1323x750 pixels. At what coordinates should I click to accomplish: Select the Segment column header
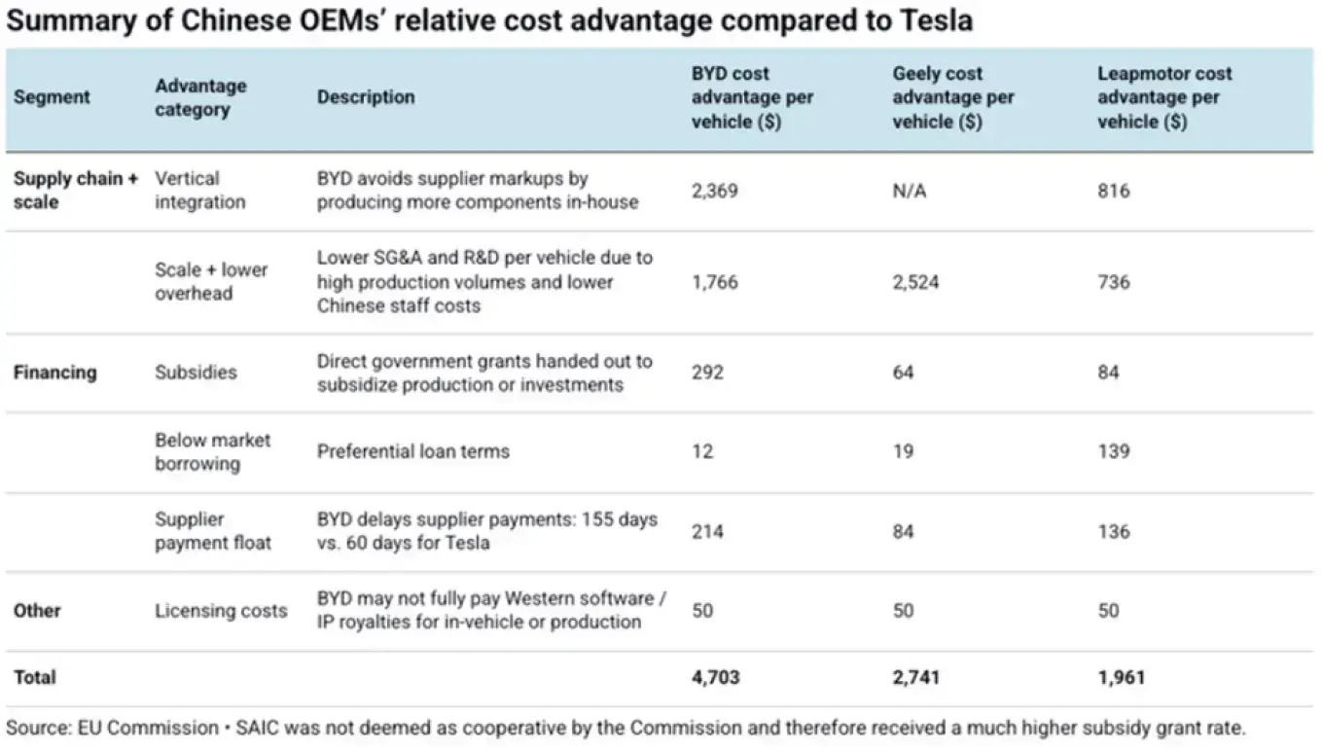click(52, 97)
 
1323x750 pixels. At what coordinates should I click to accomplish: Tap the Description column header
click(366, 97)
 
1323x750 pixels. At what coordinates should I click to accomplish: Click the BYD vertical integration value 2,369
click(715, 191)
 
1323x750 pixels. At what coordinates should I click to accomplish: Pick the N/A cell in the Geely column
click(910, 191)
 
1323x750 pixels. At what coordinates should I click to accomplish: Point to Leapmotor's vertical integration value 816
click(1114, 191)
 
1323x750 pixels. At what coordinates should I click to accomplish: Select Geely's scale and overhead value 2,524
click(916, 282)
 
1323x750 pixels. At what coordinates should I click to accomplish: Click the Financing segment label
click(54, 373)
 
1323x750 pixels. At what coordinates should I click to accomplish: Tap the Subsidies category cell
click(196, 373)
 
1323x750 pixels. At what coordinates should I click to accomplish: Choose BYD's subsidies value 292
click(707, 373)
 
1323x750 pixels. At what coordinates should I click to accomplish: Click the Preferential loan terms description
click(413, 451)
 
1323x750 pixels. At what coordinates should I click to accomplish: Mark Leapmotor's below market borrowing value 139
click(1114, 451)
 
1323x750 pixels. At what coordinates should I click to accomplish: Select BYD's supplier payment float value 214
click(707, 531)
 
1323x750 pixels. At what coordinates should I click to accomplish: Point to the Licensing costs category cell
click(221, 611)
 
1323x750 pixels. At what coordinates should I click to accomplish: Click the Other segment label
click(37, 611)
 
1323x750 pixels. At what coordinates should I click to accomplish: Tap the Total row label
click(35, 677)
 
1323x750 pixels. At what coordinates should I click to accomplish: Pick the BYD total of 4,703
click(715, 677)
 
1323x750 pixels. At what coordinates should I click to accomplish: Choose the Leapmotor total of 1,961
click(1121, 677)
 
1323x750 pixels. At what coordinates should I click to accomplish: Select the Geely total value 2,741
click(916, 677)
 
